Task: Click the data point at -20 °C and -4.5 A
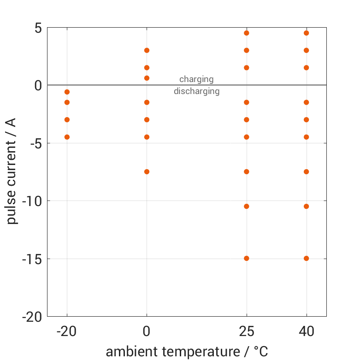tap(67, 137)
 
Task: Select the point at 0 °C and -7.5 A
tap(147, 171)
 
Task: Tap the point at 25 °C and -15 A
tap(247, 258)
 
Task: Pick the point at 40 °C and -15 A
tap(307, 258)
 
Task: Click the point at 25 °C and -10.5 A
tap(247, 206)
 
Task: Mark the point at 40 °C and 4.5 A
tap(307, 33)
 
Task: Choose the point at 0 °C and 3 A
tap(147, 50)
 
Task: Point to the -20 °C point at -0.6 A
tap(67, 92)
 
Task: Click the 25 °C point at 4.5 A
tap(247, 33)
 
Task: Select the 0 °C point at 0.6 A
tap(147, 78)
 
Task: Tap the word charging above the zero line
tap(196, 79)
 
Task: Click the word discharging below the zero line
tap(196, 91)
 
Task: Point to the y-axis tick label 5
tap(37, 28)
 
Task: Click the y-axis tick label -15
tap(32, 259)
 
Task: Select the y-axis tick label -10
tap(32, 201)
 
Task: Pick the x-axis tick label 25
tap(247, 331)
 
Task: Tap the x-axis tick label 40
tap(307, 331)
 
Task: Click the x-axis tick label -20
tap(67, 331)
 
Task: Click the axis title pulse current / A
tap(12, 171)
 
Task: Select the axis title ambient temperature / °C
tap(187, 352)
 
